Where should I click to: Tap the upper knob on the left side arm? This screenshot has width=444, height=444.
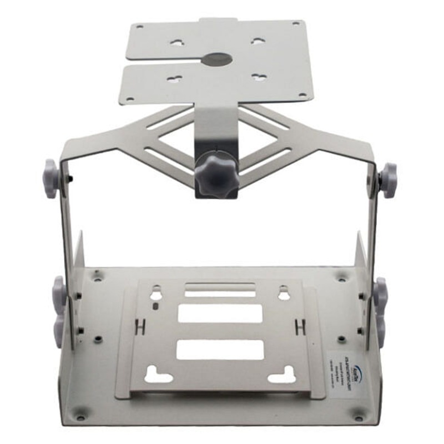tap(52, 178)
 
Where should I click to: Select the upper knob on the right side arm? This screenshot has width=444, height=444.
tap(388, 179)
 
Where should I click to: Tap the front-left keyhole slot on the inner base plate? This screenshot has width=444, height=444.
tap(158, 377)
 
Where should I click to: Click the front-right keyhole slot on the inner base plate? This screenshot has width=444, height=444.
tap(282, 377)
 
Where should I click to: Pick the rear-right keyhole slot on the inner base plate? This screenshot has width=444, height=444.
tap(284, 292)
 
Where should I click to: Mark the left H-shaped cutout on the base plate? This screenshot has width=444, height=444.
tap(140, 326)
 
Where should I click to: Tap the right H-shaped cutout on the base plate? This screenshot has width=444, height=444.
tap(301, 326)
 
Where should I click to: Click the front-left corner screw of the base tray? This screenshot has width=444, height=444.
tap(81, 414)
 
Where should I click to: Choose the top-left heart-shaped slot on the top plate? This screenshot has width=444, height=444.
tap(177, 42)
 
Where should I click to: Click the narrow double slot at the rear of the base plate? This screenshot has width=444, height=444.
tap(220, 290)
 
